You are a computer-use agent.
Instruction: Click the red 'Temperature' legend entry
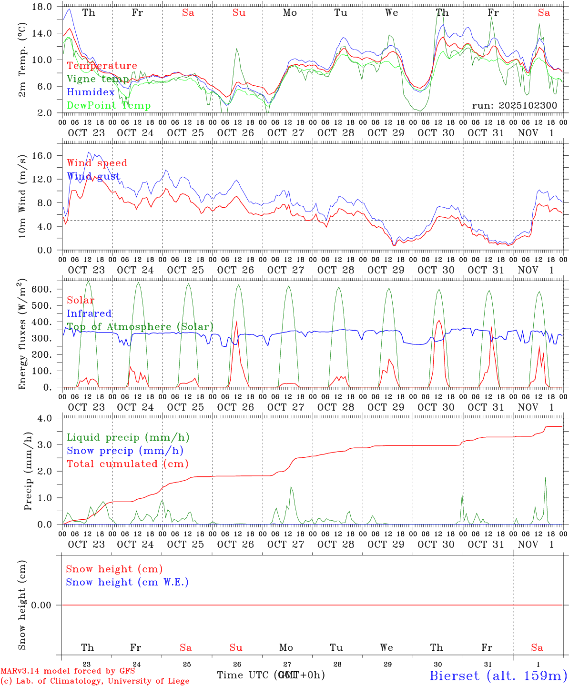tap(102, 66)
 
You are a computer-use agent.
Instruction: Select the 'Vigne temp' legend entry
tap(98, 79)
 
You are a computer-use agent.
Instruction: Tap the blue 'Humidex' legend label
tap(91, 92)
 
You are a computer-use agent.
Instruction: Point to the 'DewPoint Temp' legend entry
tap(109, 106)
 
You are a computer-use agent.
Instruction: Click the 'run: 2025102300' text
tap(514, 106)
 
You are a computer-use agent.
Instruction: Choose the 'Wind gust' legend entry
tap(93, 176)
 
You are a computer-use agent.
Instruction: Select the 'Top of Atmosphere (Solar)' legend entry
tap(140, 327)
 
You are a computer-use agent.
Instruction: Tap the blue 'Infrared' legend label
tap(89, 313)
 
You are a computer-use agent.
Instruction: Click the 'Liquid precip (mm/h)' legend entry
tap(128, 437)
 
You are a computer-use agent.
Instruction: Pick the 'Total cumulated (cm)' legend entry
tap(127, 464)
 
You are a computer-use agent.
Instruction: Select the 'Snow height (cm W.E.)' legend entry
tap(127, 582)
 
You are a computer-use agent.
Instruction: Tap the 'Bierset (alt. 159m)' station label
tap(498, 676)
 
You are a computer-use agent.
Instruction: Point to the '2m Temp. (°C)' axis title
tap(22, 66)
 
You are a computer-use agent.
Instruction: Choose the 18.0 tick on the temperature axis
tap(42, 7)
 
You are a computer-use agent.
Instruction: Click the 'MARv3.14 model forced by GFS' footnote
tap(68, 671)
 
